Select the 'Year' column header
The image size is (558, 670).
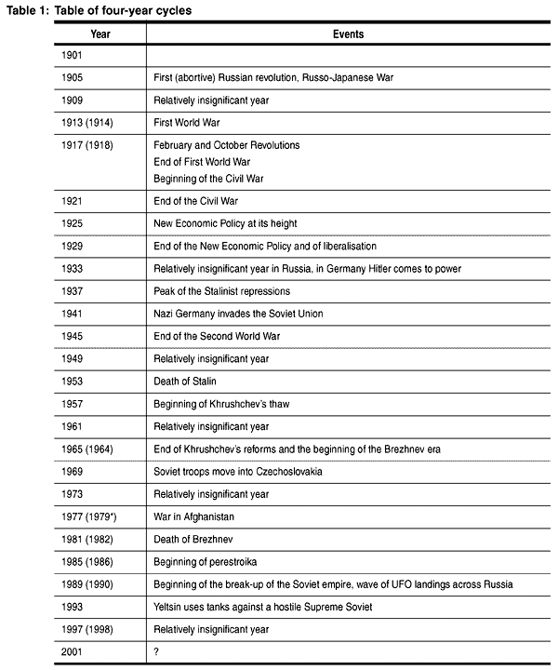(x=100, y=33)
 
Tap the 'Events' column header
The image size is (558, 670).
(x=348, y=33)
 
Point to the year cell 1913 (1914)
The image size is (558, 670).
(x=86, y=123)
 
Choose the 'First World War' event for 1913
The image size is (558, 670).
(x=186, y=123)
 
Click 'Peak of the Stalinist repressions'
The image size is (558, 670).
(x=222, y=291)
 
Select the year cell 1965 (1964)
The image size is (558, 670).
(x=86, y=449)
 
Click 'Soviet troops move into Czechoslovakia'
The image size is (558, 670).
(x=238, y=472)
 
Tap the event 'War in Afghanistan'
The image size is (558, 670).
(x=194, y=516)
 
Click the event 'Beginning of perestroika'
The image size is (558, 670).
(x=206, y=562)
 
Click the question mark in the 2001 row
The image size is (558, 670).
(x=156, y=651)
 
